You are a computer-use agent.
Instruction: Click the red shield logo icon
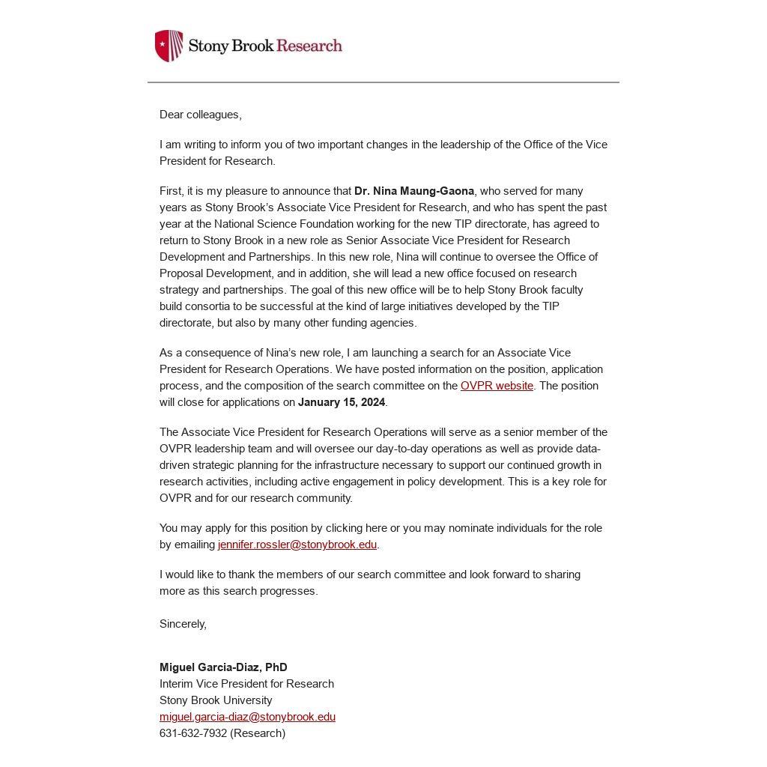169,46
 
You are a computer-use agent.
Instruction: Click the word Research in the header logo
309,46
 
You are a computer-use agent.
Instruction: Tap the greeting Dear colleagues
200,115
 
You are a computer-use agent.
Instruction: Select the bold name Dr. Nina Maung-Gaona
414,191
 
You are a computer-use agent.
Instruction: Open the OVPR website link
497,386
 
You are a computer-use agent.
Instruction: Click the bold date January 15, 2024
342,402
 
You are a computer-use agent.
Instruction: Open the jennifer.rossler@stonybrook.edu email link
297,545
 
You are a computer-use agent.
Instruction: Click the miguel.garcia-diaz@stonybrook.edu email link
247,717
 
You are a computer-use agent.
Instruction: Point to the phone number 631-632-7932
193,733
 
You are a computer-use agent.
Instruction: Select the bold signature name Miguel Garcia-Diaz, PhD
223,667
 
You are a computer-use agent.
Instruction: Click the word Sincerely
183,624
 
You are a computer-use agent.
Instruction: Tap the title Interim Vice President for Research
246,684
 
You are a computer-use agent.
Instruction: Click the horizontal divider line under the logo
383,82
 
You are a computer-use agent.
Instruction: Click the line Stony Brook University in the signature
216,700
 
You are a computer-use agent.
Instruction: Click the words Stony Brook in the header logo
231,46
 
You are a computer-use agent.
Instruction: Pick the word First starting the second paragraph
170,191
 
